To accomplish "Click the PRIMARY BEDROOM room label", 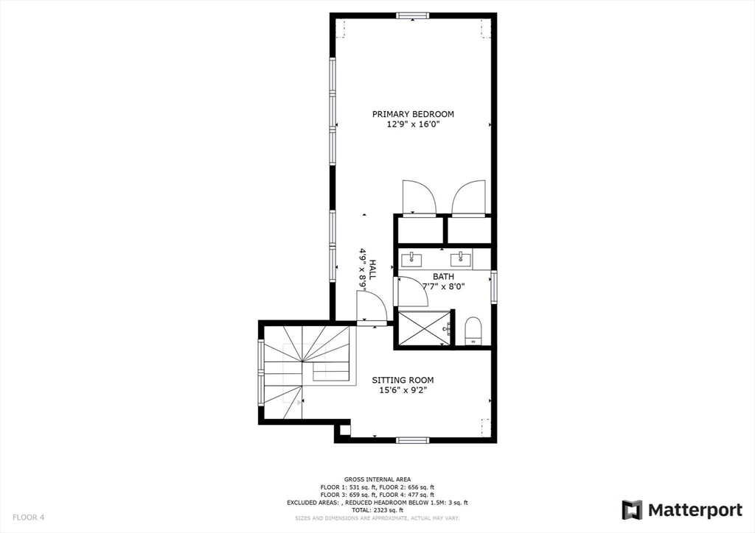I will click(x=413, y=114).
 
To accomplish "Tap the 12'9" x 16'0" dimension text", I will click(x=413, y=124).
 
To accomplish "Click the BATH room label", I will click(x=443, y=277).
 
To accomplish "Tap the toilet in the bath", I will click(x=473, y=330).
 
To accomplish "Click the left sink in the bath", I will click(x=411, y=258).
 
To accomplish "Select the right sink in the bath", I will click(x=463, y=258).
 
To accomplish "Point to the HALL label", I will click(x=372, y=269).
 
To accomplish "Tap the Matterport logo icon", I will click(x=632, y=509).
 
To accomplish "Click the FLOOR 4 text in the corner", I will click(x=28, y=518).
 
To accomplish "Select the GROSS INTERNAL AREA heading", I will click(x=377, y=479).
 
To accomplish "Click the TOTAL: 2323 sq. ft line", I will click(x=377, y=510).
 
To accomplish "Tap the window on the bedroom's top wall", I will click(x=412, y=15).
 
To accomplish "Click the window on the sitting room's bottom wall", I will click(x=412, y=440).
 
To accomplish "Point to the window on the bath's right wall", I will click(x=494, y=287).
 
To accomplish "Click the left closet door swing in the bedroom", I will click(x=417, y=198).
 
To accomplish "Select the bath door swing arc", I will click(x=413, y=292).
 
